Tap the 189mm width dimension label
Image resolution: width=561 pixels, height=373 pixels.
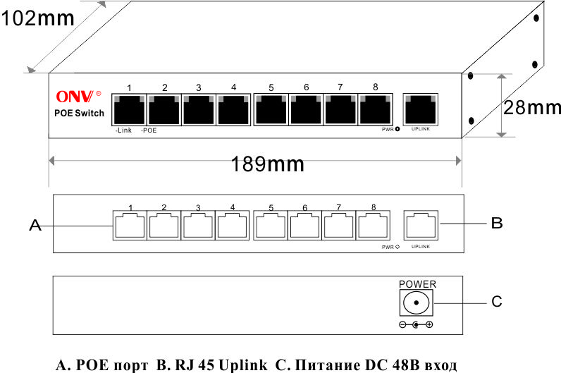coord(267,164)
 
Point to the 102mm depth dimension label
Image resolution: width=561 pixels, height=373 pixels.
coord(37,18)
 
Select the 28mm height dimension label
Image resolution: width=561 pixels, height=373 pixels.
coord(532,107)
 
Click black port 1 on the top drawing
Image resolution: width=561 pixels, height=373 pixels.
coord(129,109)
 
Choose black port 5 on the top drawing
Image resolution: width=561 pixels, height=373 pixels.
coord(271,109)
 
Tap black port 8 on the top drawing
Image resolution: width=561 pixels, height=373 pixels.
coord(375,109)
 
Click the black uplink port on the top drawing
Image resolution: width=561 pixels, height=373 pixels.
coord(420,109)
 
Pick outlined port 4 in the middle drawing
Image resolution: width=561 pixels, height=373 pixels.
coord(232,225)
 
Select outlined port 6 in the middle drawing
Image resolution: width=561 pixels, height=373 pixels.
coord(305,225)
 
